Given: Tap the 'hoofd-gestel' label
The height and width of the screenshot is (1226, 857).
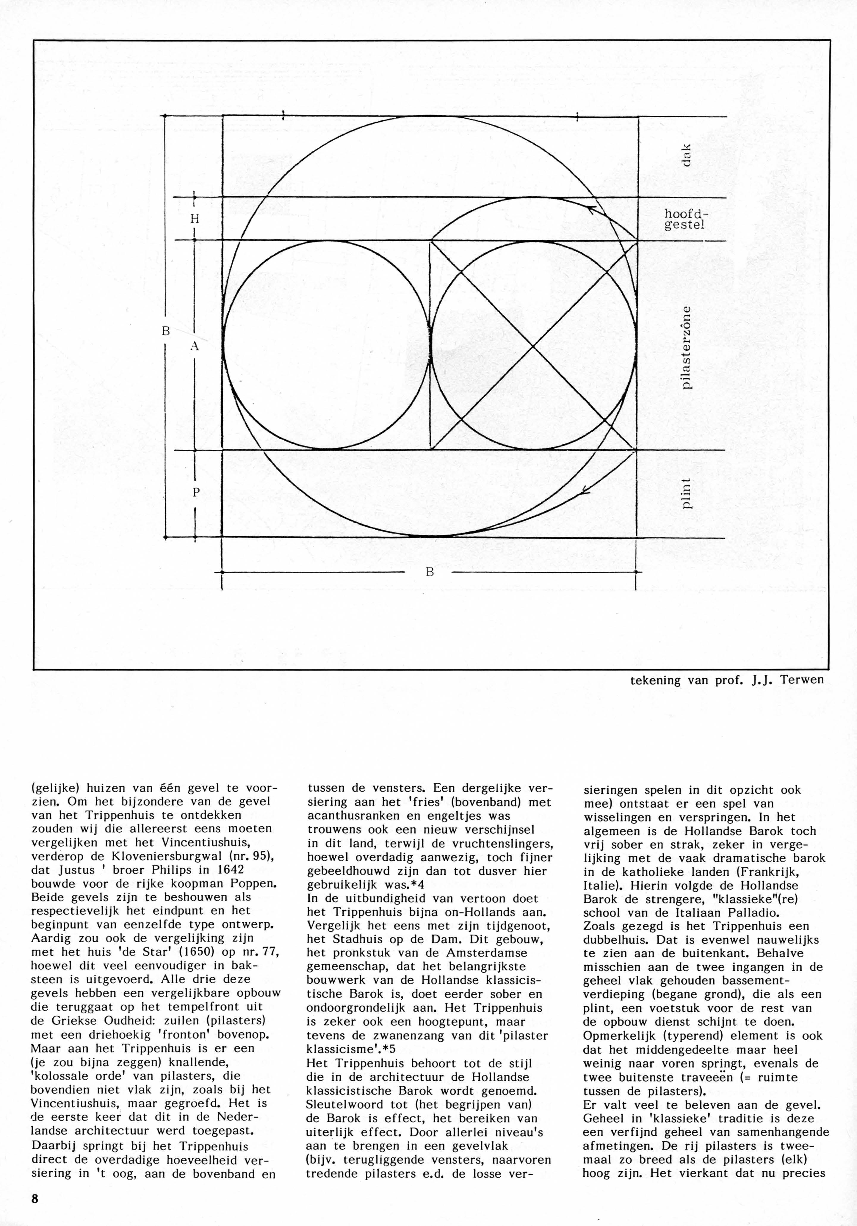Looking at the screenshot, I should (684, 219).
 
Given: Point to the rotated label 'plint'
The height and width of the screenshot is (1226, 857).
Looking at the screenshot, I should (687, 494).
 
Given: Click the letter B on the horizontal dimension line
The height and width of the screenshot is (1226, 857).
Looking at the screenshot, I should (429, 572).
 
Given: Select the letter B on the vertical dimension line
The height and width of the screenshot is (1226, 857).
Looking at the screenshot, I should (165, 331).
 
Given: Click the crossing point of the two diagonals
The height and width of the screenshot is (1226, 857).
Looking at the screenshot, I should (533, 346).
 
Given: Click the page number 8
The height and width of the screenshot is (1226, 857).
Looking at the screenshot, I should (35, 1209).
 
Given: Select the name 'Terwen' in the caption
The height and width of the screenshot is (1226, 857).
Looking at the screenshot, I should (801, 680).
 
